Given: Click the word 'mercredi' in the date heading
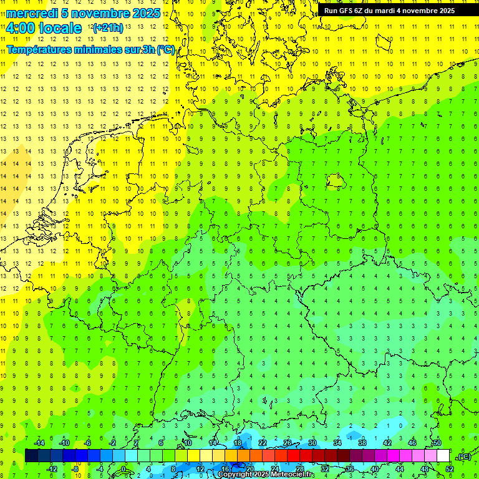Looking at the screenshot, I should point(32,13).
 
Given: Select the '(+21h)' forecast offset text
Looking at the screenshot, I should point(108,28).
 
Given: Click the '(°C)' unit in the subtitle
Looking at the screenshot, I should point(166,50).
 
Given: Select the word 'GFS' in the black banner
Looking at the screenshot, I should point(347,11).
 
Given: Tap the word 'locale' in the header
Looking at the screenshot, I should point(60,28).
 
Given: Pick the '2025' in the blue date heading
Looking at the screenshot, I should point(146,13).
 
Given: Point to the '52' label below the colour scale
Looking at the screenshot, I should point(449,469).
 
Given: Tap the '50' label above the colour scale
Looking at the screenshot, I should point(437,443).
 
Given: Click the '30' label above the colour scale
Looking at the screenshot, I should point(312,443).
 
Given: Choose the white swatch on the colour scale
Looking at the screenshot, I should point(443,456).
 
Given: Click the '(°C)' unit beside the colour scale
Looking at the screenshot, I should point(464,457).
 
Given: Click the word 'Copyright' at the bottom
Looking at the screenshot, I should point(236,475).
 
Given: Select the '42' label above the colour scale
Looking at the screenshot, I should point(387,443).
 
